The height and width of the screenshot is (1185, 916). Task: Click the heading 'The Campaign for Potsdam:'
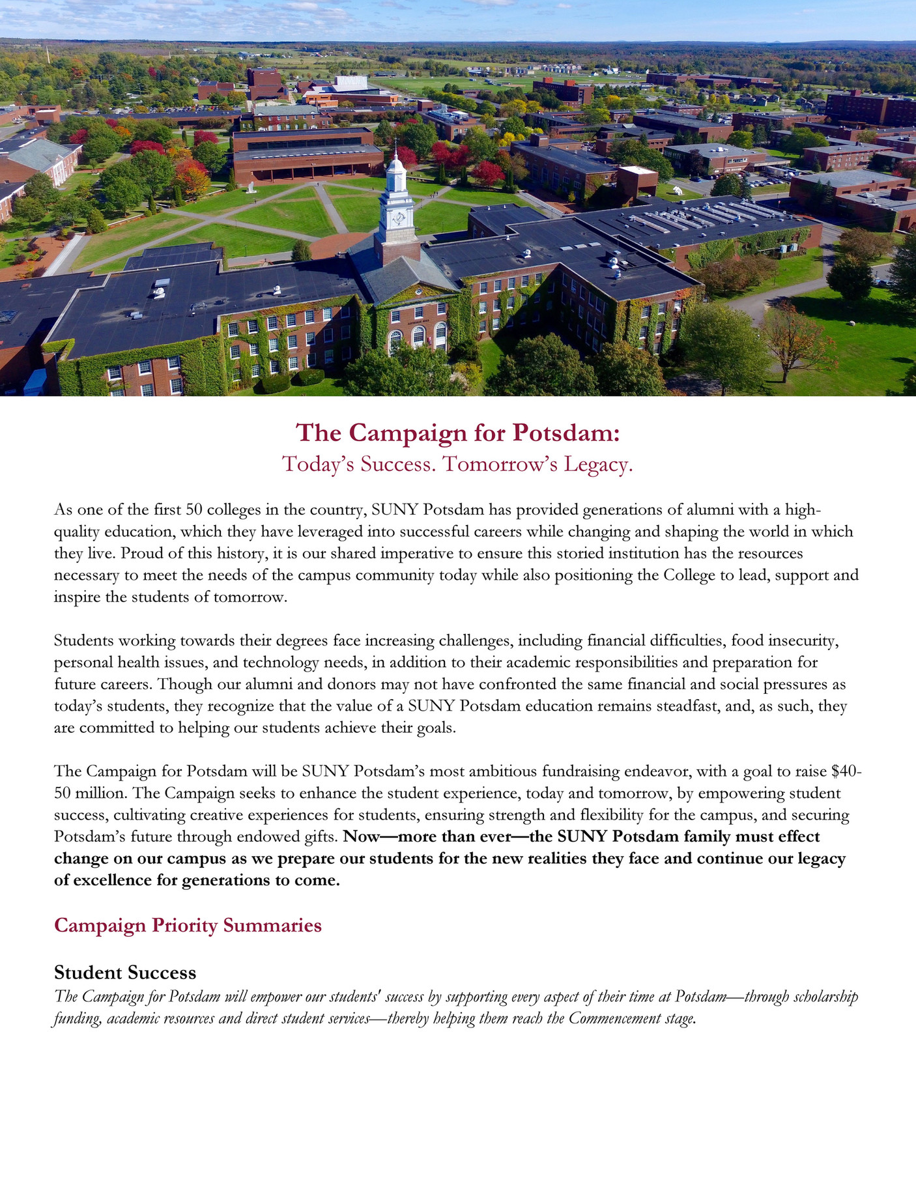pyautogui.click(x=457, y=433)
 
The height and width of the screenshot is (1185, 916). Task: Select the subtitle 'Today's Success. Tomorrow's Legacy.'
pyautogui.click(x=457, y=464)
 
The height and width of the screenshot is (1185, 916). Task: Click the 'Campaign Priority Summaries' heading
pyautogui.click(x=188, y=925)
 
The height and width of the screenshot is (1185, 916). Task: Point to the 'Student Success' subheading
pyautogui.click(x=125, y=973)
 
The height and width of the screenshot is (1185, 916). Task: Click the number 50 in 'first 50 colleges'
pyautogui.click(x=194, y=509)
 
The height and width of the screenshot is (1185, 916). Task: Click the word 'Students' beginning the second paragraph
pyautogui.click(x=83, y=640)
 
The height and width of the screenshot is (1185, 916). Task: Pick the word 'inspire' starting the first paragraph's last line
pyautogui.click(x=78, y=597)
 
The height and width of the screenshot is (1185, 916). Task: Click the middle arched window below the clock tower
pyautogui.click(x=418, y=337)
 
